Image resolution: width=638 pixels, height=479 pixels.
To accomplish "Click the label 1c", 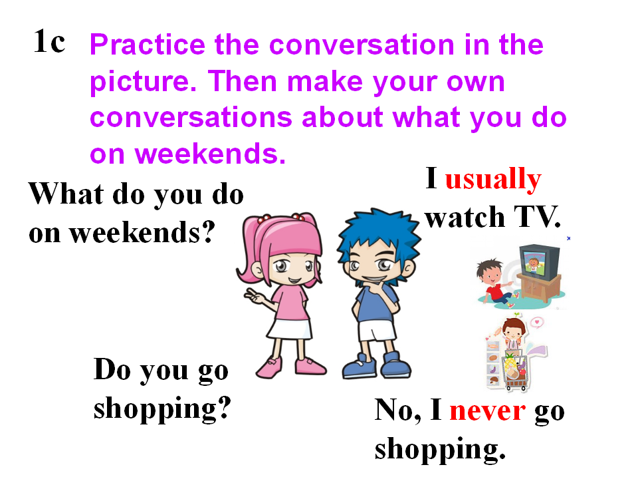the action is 49,41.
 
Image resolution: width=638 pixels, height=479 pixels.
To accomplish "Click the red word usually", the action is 493,180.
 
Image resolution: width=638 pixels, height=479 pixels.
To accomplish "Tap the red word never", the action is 487,410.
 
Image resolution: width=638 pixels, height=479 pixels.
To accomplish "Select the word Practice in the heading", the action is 148,45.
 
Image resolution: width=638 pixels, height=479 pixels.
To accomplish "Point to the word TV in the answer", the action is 537,217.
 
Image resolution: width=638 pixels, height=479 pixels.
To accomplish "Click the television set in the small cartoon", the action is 540,262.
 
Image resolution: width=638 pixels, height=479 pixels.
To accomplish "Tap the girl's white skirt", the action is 289,329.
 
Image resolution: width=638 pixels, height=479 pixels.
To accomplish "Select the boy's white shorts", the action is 376,331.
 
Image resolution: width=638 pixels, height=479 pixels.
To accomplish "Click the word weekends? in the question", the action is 142,233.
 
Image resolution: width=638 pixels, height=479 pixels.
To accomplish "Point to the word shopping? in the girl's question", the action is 162,409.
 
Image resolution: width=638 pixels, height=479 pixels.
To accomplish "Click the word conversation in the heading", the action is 362,45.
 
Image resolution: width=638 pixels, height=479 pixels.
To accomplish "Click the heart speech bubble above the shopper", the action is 537,323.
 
